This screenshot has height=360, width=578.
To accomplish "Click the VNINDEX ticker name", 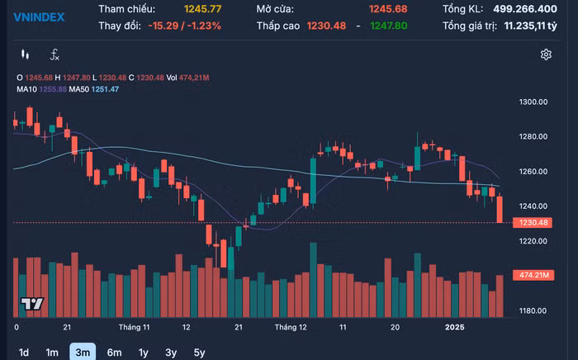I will pos(39,17).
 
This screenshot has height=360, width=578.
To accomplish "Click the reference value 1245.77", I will pos(204,9).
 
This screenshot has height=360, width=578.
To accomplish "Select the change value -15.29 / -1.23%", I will pos(186,26).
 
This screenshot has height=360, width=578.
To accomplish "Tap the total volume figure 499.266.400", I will pos(536,9).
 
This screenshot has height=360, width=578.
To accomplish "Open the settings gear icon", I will pos(546,54).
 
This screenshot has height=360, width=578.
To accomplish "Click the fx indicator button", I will pos(54,54).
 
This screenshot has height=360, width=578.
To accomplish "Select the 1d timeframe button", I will pos(24,353).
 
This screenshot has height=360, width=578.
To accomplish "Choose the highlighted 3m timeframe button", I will pos(82,353).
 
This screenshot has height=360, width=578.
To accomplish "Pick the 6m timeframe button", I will pos(114,353).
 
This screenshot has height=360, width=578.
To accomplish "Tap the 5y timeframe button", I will pos(199,353).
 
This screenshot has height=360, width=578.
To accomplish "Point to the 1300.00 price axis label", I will pos(534,102).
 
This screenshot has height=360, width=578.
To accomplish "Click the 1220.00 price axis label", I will pos(534,241).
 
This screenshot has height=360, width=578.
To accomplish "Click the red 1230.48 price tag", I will pos(535,223).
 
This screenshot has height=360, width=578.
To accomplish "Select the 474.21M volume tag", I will pos(535,274).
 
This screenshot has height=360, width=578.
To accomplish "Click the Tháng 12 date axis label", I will pos(291,327).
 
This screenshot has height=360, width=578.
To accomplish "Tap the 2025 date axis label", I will pos(455,327).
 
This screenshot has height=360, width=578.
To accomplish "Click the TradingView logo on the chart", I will pos(31,304).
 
